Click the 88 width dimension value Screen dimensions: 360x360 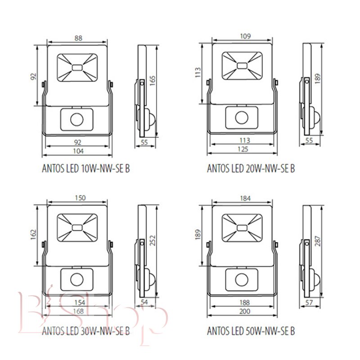point(78,38)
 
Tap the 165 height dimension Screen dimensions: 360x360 point(153,81)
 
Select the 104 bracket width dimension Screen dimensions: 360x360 point(78,151)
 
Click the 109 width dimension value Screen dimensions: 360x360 point(245,36)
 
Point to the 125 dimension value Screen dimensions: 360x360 point(243,149)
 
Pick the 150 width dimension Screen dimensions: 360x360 point(80,198)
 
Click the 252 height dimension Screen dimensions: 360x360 point(153,240)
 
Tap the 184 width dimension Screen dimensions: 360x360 point(245,198)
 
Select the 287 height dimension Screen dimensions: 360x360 point(318,241)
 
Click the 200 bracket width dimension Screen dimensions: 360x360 point(244,311)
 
